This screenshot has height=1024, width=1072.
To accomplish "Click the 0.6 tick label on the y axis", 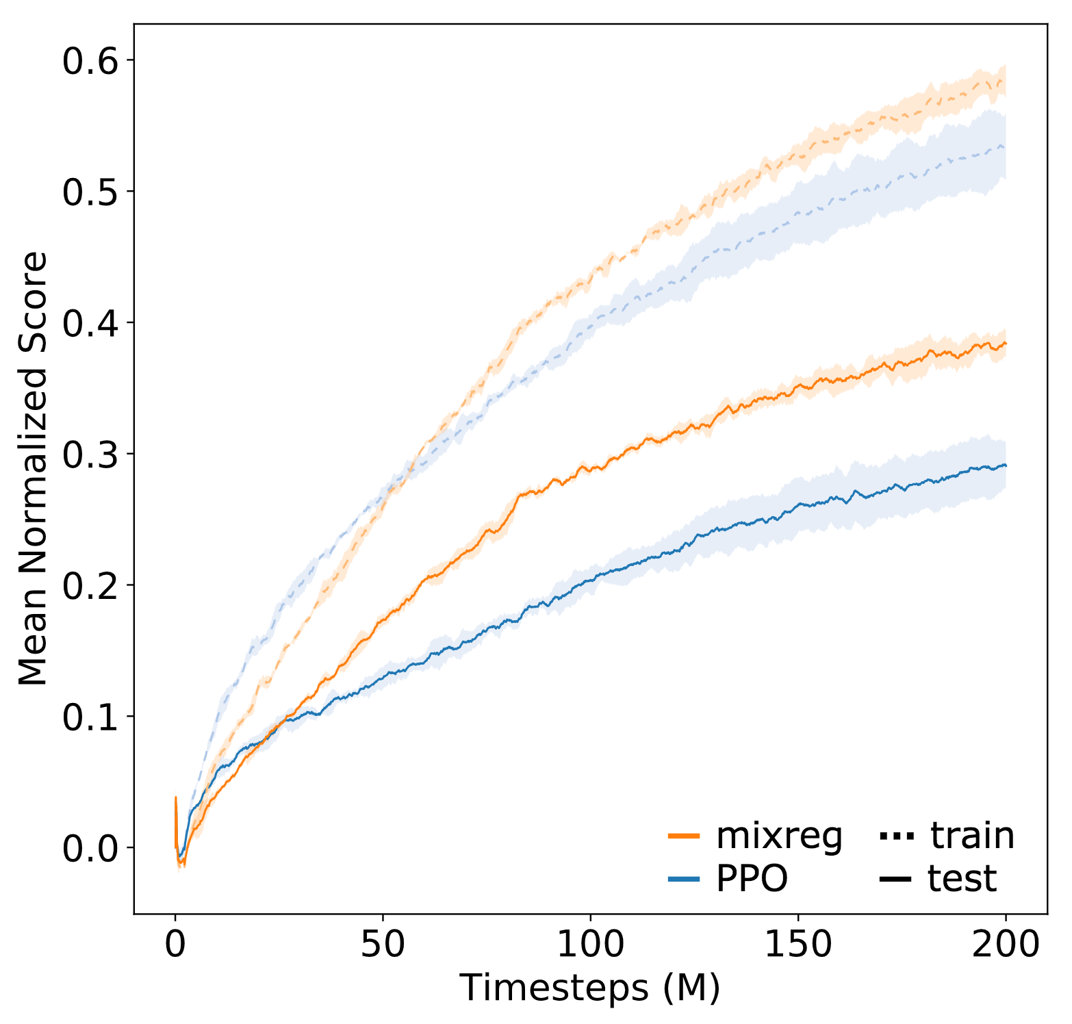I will [90, 61].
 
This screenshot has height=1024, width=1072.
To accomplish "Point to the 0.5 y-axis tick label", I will [90, 192].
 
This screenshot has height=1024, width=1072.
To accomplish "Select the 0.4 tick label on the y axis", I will [90, 323].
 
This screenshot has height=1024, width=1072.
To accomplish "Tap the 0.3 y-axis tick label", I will [90, 455].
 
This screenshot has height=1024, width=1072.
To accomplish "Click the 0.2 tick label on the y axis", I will [90, 586].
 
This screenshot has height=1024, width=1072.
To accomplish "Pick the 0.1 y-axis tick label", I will [90, 717].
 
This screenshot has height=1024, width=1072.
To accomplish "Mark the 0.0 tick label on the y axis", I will [90, 849].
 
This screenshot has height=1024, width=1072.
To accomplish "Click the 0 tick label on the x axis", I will [176, 945].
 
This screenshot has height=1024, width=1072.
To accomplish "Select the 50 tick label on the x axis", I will [383, 945].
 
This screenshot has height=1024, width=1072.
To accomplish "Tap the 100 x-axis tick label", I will [591, 945].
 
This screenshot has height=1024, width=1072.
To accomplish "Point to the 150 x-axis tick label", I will [798, 945].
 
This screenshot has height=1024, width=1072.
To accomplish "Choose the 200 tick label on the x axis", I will [1006, 945].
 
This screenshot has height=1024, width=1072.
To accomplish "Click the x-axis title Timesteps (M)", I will [590, 988].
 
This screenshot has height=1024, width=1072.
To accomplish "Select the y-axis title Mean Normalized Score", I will [33, 468].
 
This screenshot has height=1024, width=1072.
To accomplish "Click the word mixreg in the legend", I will [779, 836].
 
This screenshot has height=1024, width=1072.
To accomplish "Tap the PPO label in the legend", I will [752, 879].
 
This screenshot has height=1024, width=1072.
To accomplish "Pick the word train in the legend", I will [972, 836].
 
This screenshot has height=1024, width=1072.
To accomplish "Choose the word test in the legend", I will [962, 879].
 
